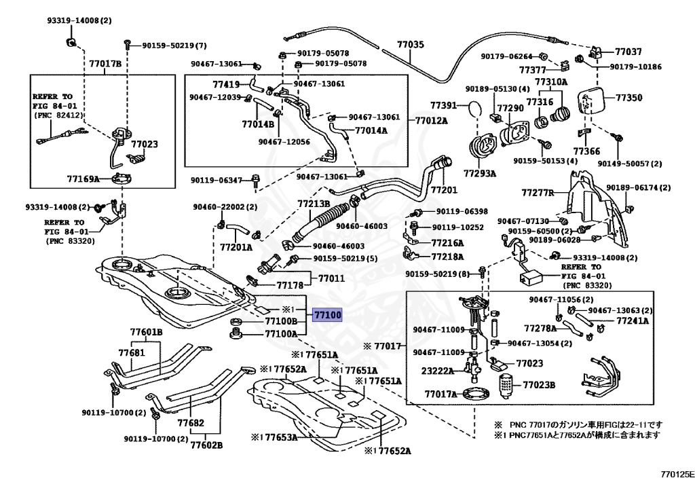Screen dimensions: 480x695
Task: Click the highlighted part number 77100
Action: point(327,315)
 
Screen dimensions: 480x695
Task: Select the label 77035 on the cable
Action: point(410,45)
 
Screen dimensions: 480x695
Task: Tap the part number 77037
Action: point(628,52)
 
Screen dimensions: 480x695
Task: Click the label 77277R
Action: point(538,193)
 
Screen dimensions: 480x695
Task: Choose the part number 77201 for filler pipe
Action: point(444,189)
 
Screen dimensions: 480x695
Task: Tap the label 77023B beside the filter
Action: point(538,385)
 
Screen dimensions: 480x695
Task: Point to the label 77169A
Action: point(83,179)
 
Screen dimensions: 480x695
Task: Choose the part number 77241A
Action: point(634,320)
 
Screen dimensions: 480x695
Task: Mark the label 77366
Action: point(586,151)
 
